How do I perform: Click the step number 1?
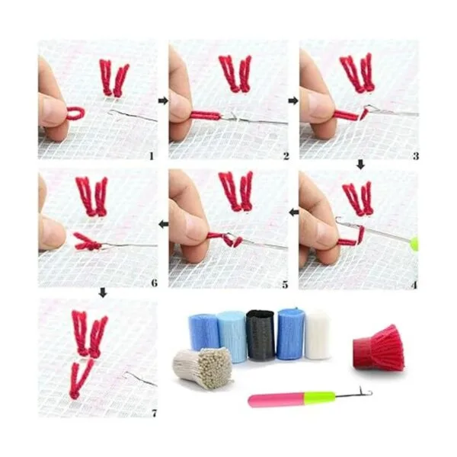point(152,156)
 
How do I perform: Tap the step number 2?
point(286,156)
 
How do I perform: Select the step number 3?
point(416,156)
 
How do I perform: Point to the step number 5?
point(285,284)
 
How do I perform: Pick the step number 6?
point(155,283)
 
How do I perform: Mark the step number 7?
point(155,414)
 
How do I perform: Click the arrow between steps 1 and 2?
point(163,101)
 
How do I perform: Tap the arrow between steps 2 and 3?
point(293,101)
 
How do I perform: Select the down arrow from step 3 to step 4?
point(361,165)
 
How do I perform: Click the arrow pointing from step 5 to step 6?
point(164,225)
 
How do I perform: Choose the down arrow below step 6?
point(103,293)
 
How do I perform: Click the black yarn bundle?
point(260,335)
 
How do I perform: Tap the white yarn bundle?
point(318,335)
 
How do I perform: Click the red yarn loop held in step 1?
point(75,113)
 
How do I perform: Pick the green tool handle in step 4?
point(414,244)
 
